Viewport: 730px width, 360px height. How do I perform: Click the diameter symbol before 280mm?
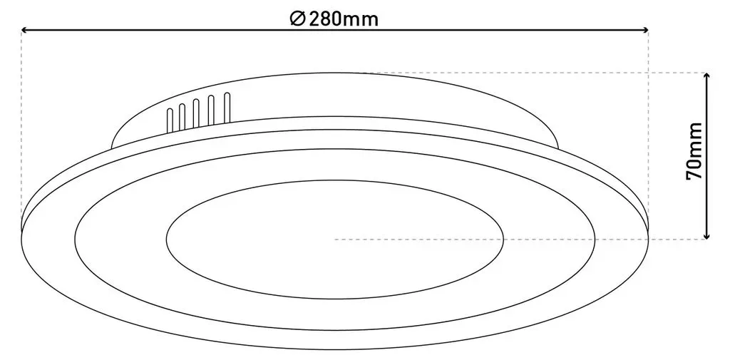pos(297,19)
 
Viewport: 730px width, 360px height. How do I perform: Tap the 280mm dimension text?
pos(343,19)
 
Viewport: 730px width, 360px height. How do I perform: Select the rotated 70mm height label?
pos(694,151)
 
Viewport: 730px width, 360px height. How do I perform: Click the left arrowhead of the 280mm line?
pos(24,30)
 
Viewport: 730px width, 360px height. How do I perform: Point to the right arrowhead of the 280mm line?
pos(645,30)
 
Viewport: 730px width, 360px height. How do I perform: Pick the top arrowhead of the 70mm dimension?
pos(707,76)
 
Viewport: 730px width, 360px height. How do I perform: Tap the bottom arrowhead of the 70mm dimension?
pos(707,236)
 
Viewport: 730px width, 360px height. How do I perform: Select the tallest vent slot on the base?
pos(227,108)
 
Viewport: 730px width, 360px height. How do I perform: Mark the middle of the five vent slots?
pos(197,113)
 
